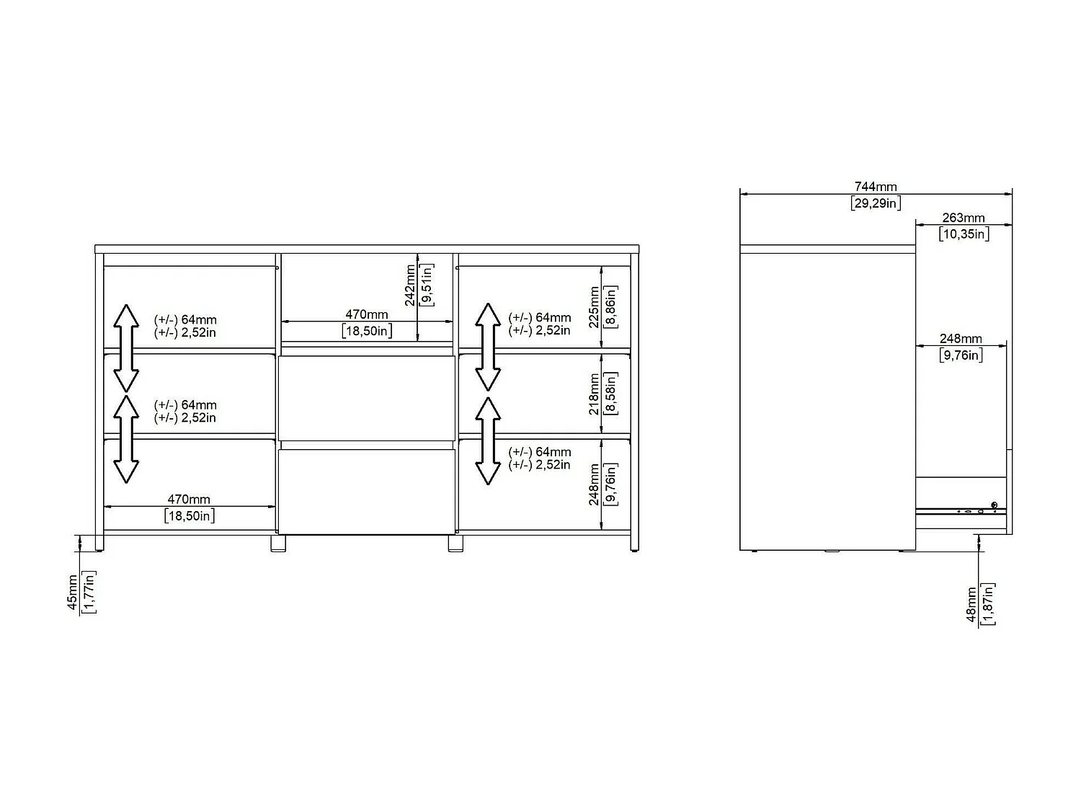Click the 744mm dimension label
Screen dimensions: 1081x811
[x=875, y=187]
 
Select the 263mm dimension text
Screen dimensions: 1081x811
[x=964, y=218]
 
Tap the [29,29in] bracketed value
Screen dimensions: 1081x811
[x=875, y=203]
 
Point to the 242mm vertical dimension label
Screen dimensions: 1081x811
[x=410, y=285]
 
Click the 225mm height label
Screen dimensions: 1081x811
[x=594, y=307]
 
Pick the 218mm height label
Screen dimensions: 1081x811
[x=594, y=394]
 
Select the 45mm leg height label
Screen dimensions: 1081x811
[x=72, y=592]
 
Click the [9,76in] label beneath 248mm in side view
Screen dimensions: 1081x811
[x=961, y=355]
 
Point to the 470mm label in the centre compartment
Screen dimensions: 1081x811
[x=366, y=314]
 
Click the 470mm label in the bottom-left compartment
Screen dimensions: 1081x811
[x=189, y=500]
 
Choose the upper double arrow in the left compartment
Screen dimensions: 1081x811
[x=126, y=348]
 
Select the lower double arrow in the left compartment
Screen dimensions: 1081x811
[x=126, y=439]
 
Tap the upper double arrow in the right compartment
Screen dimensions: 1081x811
[x=488, y=347]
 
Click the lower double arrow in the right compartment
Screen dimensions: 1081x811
[x=488, y=440]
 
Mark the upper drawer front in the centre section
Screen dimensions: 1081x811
[x=366, y=398]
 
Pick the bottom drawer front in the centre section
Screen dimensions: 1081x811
[x=366, y=492]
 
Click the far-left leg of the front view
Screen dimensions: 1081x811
[x=99, y=543]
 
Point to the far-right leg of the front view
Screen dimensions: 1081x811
[x=635, y=543]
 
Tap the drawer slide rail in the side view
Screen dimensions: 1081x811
[x=961, y=511]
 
